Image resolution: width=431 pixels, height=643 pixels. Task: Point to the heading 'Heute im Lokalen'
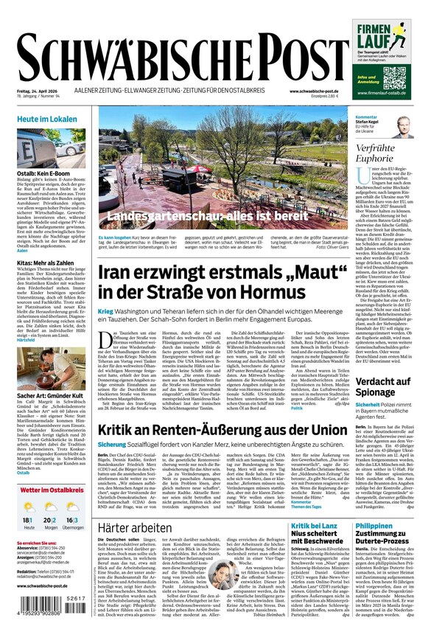click(47, 119)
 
